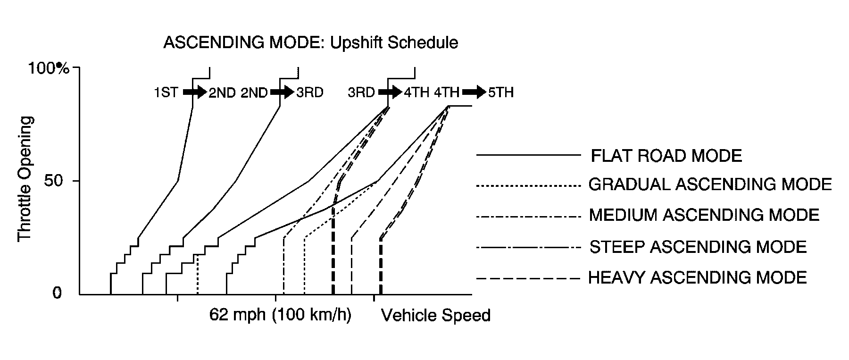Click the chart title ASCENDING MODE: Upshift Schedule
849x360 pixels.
310,43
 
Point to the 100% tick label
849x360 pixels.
49,69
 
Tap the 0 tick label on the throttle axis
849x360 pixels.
57,293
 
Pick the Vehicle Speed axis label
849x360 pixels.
435,315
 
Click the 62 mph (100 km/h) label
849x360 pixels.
280,315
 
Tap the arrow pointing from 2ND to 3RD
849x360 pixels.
282,92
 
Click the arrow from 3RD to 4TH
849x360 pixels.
390,92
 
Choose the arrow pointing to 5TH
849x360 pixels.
474,92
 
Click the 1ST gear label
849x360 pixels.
166,92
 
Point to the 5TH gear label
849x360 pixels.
500,92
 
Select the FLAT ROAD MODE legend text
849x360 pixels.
666,155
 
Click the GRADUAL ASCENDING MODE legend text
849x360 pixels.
710,184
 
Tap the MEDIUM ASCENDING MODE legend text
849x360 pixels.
704,215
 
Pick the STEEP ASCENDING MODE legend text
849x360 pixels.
698,247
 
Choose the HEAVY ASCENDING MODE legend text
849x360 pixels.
698,277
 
